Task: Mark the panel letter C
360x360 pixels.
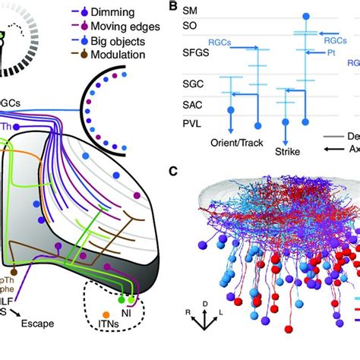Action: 175,172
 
